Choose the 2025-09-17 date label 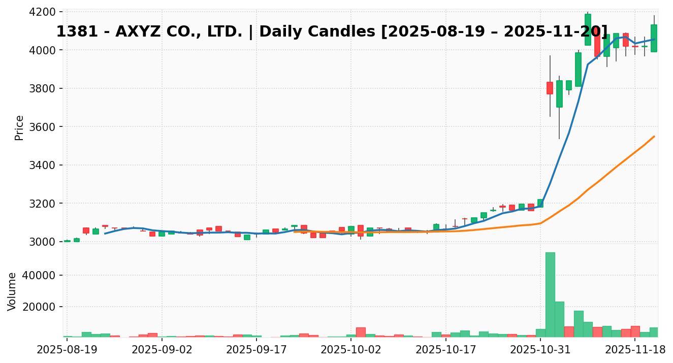click(x=256, y=350)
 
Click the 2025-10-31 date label click(x=540, y=350)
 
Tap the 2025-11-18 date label click(x=635, y=350)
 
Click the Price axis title click(x=19, y=127)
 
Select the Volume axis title click(x=12, y=291)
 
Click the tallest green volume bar click(x=550, y=294)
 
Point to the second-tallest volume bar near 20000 click(x=559, y=319)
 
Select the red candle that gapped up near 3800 click(x=550, y=88)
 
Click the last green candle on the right click(x=654, y=38)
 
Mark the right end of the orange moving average click(x=654, y=136)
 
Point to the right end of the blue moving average click(x=654, y=39)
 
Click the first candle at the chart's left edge click(x=67, y=241)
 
